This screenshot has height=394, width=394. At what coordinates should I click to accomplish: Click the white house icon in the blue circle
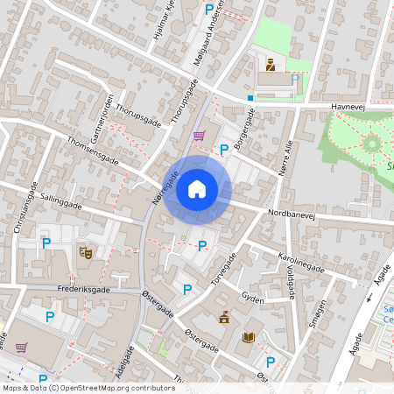click(197, 188)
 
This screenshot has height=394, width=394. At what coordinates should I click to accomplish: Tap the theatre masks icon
click(86, 252)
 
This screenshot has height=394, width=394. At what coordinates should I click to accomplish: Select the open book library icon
click(249, 337)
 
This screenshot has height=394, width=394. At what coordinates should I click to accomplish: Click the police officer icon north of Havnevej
click(271, 64)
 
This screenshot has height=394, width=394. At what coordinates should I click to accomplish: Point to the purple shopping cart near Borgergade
click(199, 136)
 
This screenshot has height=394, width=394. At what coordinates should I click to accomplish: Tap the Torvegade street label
click(225, 267)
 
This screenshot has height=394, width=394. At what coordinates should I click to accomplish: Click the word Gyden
click(251, 298)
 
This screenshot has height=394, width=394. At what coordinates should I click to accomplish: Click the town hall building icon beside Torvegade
click(225, 317)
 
